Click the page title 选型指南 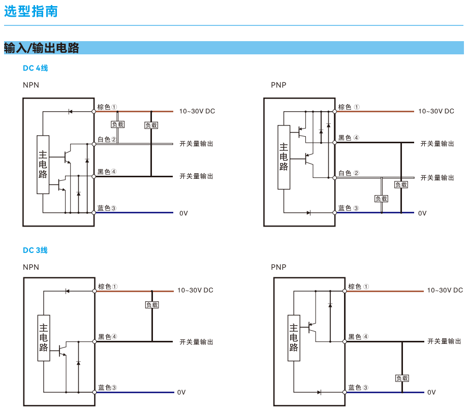point(31,12)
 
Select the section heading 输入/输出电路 point(42,48)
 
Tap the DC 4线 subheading point(35,68)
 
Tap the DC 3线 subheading point(35,250)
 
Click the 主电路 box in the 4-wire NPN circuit point(43,165)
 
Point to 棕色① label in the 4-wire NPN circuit point(107,107)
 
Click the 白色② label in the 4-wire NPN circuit point(107,139)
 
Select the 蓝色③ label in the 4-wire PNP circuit point(349,208)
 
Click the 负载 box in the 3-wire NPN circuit point(151,305)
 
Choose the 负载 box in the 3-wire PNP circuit point(402,378)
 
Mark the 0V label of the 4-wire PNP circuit point(422,213)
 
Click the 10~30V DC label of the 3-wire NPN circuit point(195,291)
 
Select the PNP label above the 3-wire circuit point(278,267)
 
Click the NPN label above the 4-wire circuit point(30,85)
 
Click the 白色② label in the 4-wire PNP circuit point(349,173)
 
